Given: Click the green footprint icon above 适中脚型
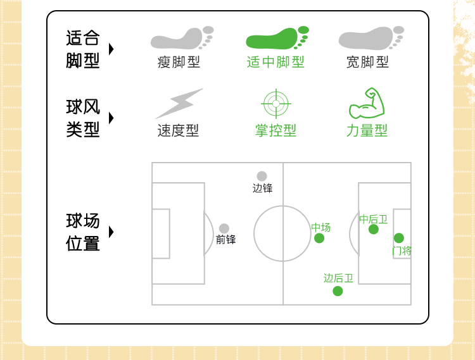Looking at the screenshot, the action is (276, 39).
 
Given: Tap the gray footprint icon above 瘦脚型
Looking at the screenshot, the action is (182, 39).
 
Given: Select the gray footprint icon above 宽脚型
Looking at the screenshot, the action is (370, 39).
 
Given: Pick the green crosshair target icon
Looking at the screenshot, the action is (275, 103).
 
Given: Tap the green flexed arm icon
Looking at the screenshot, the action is (367, 104).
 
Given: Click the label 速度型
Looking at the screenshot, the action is (178, 130).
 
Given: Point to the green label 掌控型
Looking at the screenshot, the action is (275, 130).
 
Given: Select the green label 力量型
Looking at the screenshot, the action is (367, 130).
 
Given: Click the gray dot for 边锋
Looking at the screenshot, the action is (262, 176).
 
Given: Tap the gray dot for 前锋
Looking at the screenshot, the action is (224, 228).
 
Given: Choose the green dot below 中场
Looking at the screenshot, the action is (319, 238).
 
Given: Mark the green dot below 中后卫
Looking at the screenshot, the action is (374, 229).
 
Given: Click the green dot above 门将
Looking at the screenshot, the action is (399, 238).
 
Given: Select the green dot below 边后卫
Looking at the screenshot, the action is (338, 291).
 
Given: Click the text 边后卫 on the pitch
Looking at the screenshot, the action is (338, 278).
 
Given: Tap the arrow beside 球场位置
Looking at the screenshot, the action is (111, 232).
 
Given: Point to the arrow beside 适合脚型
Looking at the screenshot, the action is (111, 49).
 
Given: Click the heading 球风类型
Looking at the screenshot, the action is (83, 118).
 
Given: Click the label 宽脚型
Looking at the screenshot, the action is (367, 62).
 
